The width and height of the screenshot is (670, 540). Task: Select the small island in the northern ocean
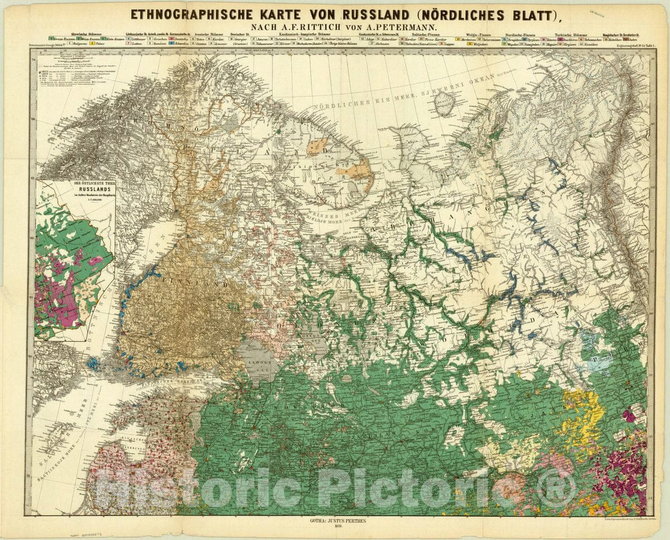point(445,104)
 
